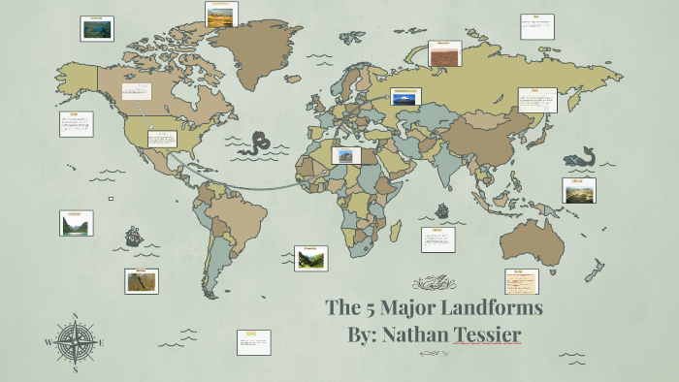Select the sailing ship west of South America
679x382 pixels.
[x=133, y=236]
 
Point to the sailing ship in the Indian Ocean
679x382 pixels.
[x=442, y=210]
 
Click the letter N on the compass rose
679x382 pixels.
[x=75, y=316]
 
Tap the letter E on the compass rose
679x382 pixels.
[x=101, y=342]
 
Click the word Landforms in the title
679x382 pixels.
[x=488, y=308]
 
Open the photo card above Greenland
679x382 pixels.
[x=222, y=14]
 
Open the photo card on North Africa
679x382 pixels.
[x=346, y=155]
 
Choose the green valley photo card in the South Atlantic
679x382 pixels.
[x=311, y=258]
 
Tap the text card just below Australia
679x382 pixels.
[x=522, y=281]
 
